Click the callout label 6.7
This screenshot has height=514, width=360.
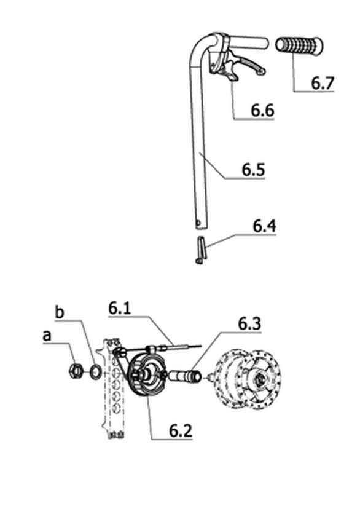(323, 82)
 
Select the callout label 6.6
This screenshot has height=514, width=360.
(262, 111)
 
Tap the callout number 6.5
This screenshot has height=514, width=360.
(253, 170)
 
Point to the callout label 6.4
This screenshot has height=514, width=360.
(264, 226)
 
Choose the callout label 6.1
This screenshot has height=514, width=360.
(120, 309)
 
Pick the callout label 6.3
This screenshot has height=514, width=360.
(249, 324)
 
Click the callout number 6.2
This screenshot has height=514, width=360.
(181, 430)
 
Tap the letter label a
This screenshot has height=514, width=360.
(47, 336)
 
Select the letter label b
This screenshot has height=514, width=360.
(60, 312)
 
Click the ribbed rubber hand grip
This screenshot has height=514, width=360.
(299, 46)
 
